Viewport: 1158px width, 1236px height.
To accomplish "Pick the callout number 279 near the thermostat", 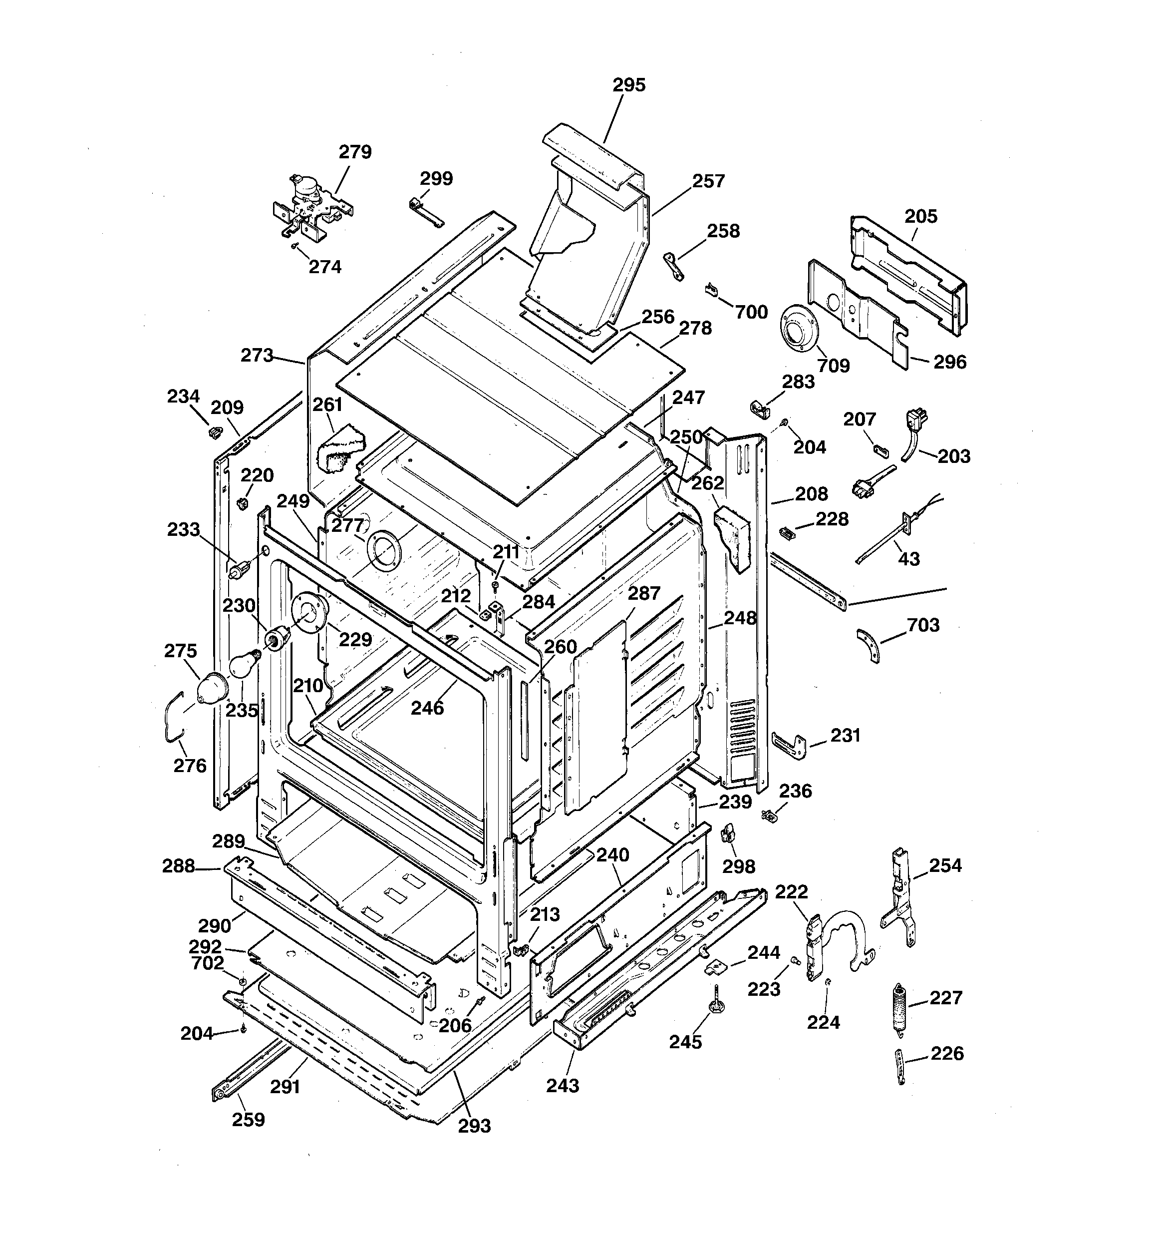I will (x=355, y=152).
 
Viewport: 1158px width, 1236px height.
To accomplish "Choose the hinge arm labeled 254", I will (x=898, y=895).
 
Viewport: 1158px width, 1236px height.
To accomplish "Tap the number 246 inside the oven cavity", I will (x=427, y=708).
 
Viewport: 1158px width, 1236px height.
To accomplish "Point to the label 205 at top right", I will (x=920, y=216).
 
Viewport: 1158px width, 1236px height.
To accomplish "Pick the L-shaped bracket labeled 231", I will (x=790, y=744).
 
